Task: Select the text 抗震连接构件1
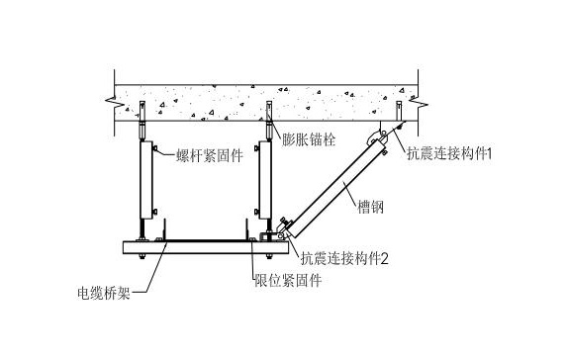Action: [x=450, y=154]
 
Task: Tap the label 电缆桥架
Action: [x=111, y=293]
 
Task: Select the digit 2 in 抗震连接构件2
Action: [x=383, y=259]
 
